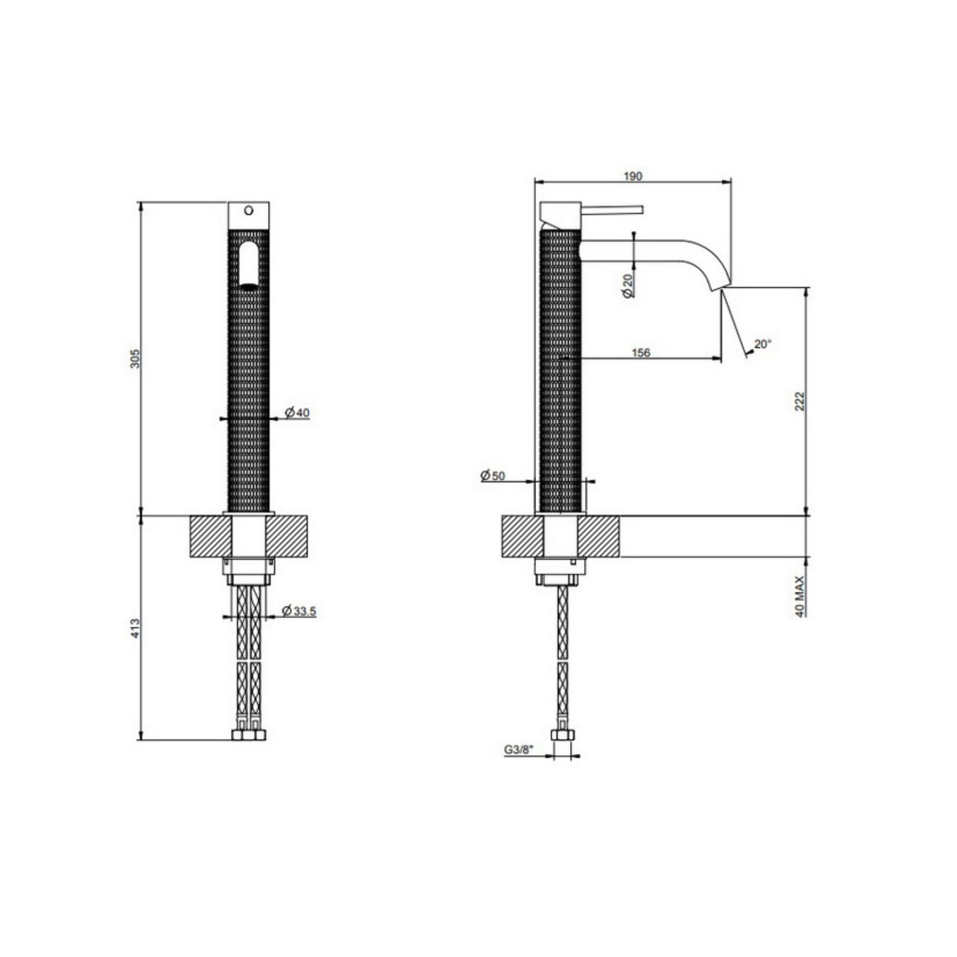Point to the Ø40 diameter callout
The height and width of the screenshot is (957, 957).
(x=297, y=412)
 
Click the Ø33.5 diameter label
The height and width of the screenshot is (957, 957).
(x=299, y=611)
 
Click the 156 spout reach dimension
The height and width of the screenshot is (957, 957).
(x=641, y=353)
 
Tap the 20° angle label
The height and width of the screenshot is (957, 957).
(x=763, y=344)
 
